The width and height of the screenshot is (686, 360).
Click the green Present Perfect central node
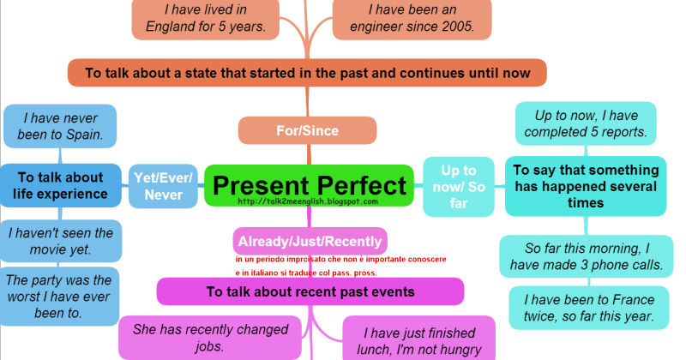point(309,185)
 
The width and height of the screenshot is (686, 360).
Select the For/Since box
point(307,131)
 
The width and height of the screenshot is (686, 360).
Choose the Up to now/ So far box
point(459,186)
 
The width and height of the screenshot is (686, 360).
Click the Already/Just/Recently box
point(310,241)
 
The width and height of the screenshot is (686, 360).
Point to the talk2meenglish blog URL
point(309,202)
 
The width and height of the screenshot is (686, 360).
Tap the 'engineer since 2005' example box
point(412,18)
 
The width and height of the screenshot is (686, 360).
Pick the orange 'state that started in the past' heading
point(306,73)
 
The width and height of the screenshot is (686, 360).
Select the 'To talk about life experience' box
point(60,185)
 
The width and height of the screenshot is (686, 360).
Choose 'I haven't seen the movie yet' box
point(62,241)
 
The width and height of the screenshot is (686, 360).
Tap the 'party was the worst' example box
point(60,296)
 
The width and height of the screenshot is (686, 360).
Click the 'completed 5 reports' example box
point(585,123)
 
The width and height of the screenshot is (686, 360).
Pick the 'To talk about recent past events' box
point(310,291)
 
